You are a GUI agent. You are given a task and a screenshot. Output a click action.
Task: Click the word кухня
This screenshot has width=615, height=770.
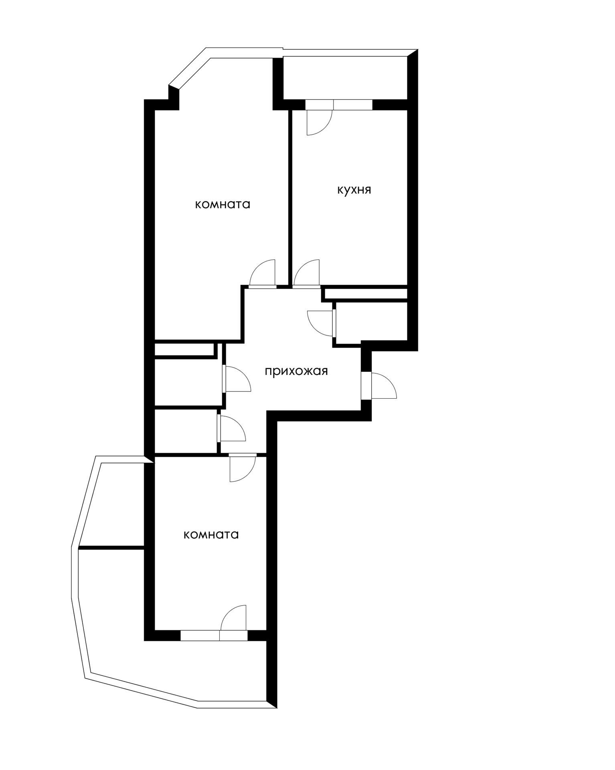[354, 190]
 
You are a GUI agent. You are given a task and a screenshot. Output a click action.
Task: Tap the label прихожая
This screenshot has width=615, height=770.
[296, 371]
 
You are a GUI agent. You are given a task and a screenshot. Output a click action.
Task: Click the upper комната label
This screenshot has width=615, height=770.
[223, 205]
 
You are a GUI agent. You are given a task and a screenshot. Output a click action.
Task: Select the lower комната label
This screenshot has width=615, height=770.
[211, 535]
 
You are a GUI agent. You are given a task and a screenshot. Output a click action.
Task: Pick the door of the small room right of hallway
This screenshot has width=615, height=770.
[321, 323]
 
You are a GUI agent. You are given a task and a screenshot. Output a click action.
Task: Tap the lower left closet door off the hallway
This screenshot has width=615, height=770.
[231, 428]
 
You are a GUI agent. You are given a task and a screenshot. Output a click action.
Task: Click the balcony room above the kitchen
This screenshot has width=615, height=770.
[345, 78]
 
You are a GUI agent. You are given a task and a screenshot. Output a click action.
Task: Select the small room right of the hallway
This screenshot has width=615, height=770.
[371, 322]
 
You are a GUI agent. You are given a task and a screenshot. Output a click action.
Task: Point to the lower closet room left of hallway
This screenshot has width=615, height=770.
[186, 432]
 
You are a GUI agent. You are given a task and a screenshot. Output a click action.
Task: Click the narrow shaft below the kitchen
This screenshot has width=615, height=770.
[365, 294]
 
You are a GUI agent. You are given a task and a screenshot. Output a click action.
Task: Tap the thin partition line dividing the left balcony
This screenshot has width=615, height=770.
[111, 547]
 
